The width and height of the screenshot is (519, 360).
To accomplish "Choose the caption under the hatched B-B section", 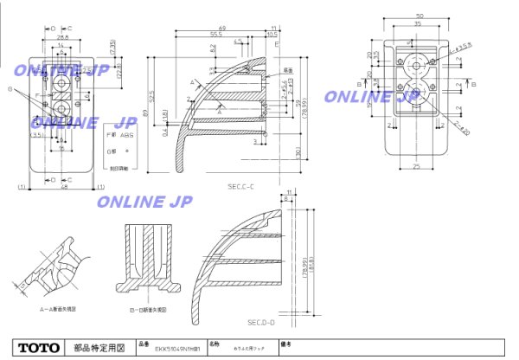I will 147,307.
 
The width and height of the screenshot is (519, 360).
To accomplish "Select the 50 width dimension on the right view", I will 420,16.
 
